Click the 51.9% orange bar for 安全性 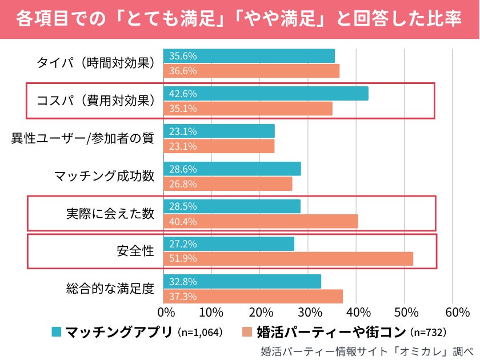pyautogui.click(x=289, y=259)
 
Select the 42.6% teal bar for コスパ pyautogui.click(x=266, y=94)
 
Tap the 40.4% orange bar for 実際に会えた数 pyautogui.click(x=261, y=221)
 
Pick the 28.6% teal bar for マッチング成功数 pyautogui.click(x=232, y=169)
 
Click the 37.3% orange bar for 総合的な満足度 pyautogui.click(x=253, y=297)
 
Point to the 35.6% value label pyautogui.click(x=183, y=56)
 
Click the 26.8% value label pyautogui.click(x=183, y=184)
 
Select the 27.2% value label pyautogui.click(x=183, y=244)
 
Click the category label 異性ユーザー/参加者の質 pyautogui.click(x=83, y=138)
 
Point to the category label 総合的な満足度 pyautogui.click(x=110, y=289)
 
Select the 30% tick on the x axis pyautogui.click(x=308, y=313)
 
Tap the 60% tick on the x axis pyautogui.click(x=453, y=313)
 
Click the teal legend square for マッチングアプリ pyautogui.click(x=56, y=332)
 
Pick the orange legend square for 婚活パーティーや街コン pyautogui.click(x=247, y=332)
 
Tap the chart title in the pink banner pyautogui.click(x=240, y=19)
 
